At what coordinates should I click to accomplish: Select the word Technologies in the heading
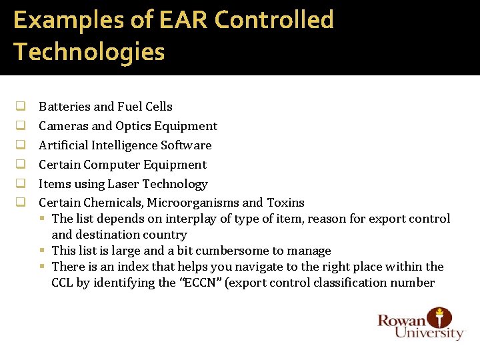click(89, 51)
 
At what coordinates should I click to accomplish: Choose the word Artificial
click(63, 145)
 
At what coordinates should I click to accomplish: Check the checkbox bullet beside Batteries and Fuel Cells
click(21, 107)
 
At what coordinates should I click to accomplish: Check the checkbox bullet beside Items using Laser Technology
click(21, 184)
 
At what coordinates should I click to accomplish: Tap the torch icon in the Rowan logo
click(439, 317)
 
